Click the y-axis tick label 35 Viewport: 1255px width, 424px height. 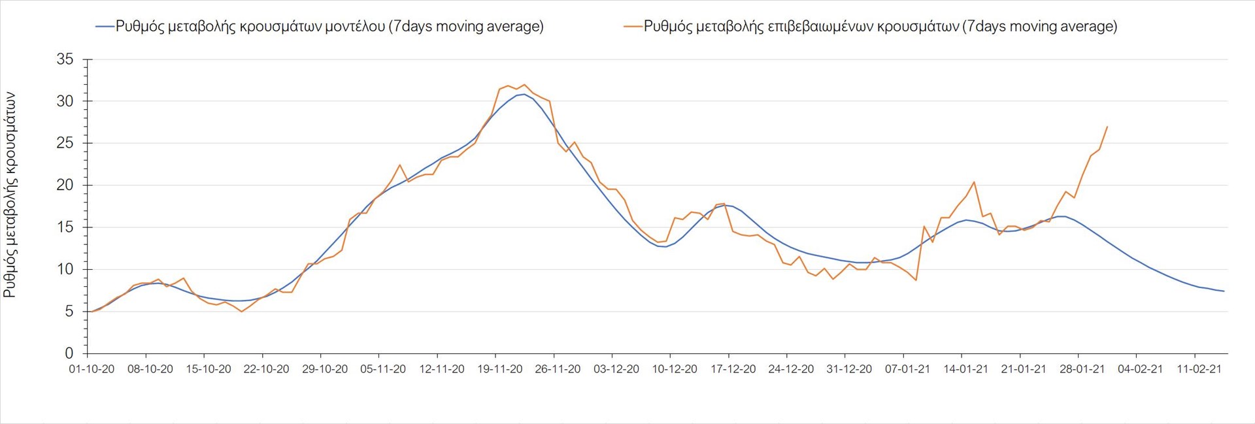pos(65,59)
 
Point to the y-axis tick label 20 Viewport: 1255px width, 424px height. pos(65,186)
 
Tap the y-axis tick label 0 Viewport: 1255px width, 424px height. pos(69,353)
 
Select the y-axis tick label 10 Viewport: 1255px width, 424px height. pos(65,269)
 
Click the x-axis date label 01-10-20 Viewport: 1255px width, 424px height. pos(92,369)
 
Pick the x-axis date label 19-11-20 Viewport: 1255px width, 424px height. pos(500,369)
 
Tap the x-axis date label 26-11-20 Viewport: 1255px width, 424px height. pos(558,369)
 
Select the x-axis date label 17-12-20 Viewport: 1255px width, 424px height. pos(733,369)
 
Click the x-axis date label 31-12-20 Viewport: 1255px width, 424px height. pos(849,369)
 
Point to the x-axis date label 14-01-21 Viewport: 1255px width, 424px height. pos(965,369)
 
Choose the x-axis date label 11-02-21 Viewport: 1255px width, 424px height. pos(1199,369)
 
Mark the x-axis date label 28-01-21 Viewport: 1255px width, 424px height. pos(1082,369)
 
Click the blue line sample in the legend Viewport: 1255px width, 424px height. pos(105,26)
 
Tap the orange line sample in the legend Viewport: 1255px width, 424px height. pos(633,26)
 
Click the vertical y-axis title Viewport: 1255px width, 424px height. pos(10,195)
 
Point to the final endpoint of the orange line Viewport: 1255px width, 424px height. pos(1107,127)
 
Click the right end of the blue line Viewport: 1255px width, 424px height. pos(1224,291)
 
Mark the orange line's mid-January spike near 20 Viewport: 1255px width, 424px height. pos(974,182)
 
